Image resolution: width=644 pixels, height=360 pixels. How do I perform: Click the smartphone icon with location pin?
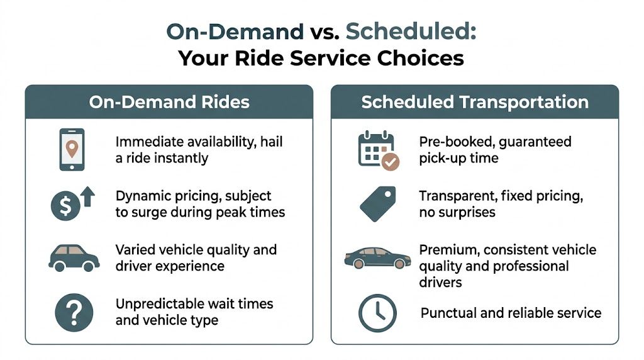pyautogui.click(x=72, y=150)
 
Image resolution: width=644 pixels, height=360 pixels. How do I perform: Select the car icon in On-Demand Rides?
pyautogui.click(x=74, y=257)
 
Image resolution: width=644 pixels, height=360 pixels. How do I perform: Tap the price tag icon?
pyautogui.click(x=377, y=203)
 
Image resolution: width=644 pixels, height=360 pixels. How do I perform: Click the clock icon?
pyautogui.click(x=377, y=313)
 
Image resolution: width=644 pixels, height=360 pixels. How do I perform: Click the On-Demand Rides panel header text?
pyautogui.click(x=169, y=102)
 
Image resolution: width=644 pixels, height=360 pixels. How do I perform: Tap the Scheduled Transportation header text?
pyautogui.click(x=475, y=102)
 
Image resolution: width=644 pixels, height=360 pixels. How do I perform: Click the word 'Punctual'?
pyautogui.click(x=447, y=313)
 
